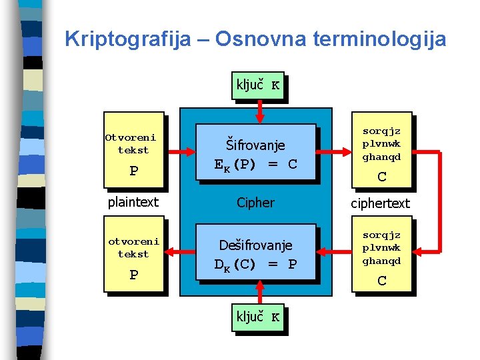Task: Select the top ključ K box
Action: click(258, 85)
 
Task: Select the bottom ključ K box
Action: click(258, 317)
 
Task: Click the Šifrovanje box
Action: click(255, 152)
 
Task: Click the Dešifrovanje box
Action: click(255, 255)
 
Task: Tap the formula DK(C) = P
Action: click(255, 265)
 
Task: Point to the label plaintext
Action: click(133, 202)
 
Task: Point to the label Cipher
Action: click(255, 202)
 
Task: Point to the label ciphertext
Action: click(380, 203)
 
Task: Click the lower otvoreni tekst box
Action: click(133, 253)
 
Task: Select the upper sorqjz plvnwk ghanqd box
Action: click(381, 150)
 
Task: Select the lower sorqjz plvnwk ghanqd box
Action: click(381, 253)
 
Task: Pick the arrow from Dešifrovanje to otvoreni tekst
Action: click(180, 252)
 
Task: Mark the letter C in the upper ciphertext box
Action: click(381, 177)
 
